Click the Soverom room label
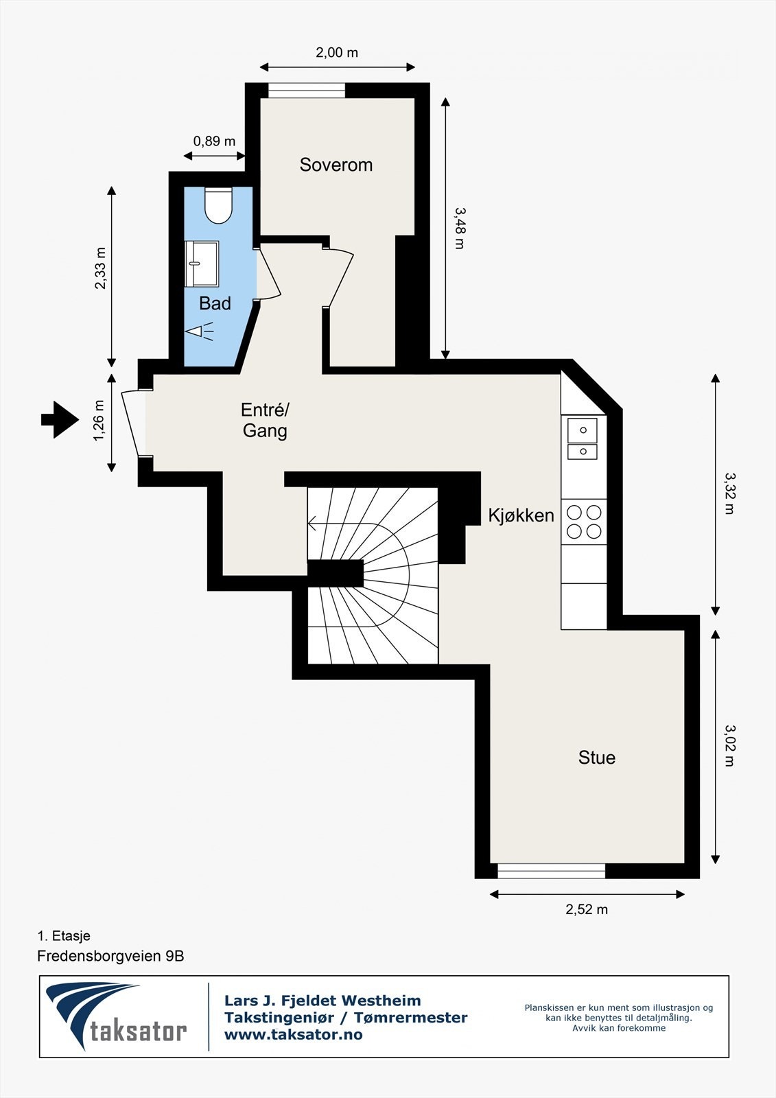(x=336, y=165)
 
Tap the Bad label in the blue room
(x=215, y=303)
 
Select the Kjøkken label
(x=521, y=515)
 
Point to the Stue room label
(x=597, y=758)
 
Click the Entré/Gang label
(x=266, y=420)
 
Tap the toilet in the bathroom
(x=218, y=206)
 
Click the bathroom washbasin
(x=202, y=264)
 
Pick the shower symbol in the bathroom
(x=200, y=331)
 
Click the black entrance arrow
(x=60, y=419)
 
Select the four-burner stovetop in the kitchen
(x=584, y=522)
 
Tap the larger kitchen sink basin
(x=583, y=430)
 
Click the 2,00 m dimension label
(x=337, y=52)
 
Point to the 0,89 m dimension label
(x=214, y=141)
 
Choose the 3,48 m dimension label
(x=459, y=229)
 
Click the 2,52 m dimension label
(x=587, y=909)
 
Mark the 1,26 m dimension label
(x=99, y=421)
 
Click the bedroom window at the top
(x=307, y=91)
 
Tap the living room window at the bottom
(x=552, y=871)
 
